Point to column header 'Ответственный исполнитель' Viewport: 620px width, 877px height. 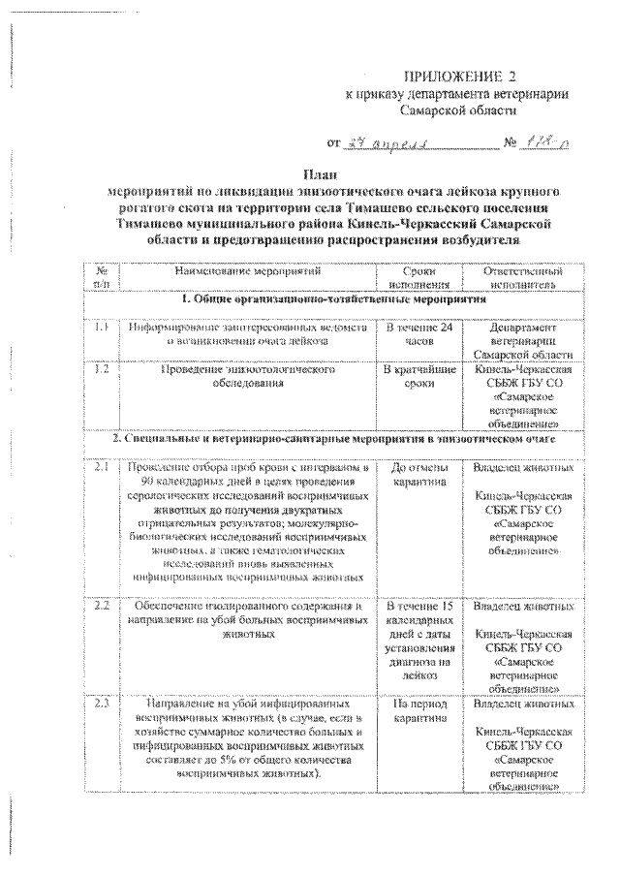pyautogui.click(x=522, y=278)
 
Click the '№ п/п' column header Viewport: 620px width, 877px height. pyautogui.click(x=101, y=278)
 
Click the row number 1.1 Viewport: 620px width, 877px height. pyautogui.click(x=101, y=329)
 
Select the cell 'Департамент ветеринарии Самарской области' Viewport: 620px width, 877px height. pyautogui.click(x=522, y=342)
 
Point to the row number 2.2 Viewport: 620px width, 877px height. pyautogui.click(x=101, y=607)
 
